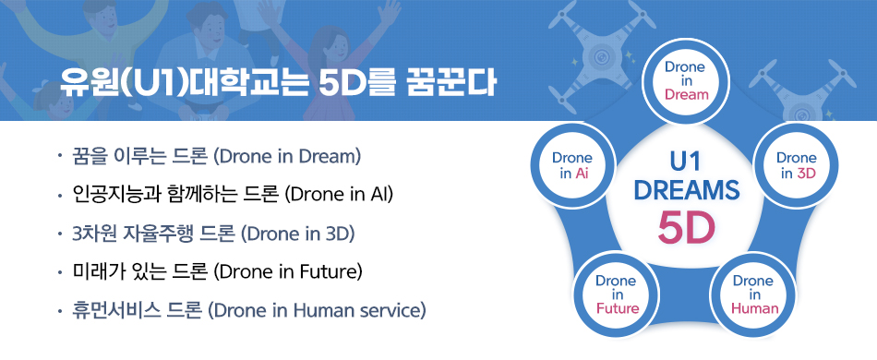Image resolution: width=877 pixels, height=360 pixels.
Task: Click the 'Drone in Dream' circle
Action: coord(686,81)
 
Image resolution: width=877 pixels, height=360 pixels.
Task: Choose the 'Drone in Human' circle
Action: coord(752,294)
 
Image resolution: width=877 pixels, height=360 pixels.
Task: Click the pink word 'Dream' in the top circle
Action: coord(686,95)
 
